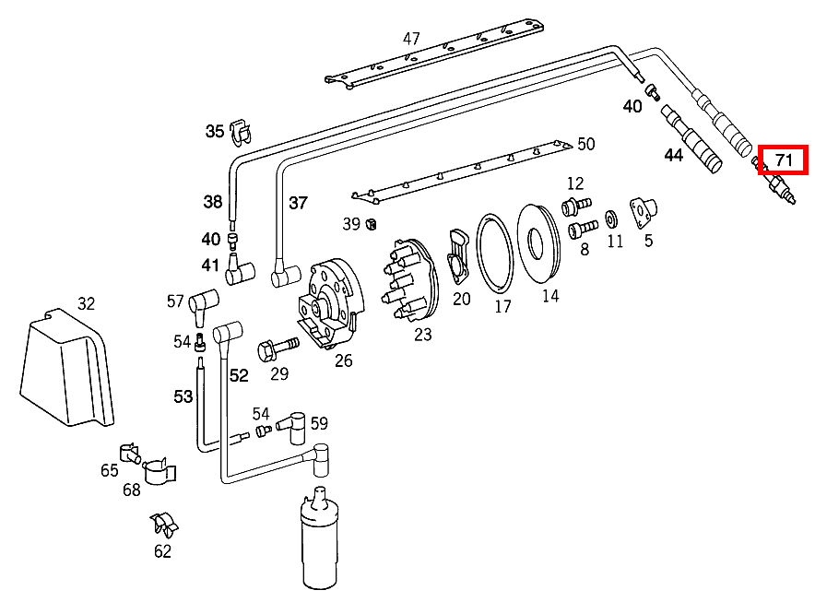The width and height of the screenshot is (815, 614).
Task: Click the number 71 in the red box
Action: point(784,160)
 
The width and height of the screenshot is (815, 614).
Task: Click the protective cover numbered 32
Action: point(65,369)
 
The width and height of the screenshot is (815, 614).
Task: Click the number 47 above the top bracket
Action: point(411,39)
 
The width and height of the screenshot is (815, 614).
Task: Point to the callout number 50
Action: point(585,144)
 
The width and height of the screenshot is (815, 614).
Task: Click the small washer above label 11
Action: point(611,221)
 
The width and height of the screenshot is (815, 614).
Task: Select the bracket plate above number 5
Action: point(643,209)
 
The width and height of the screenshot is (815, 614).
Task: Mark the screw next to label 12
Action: point(575,203)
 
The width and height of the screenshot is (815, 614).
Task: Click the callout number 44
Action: point(674,156)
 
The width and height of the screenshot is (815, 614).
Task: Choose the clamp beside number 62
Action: point(165,525)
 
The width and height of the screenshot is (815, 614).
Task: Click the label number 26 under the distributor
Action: point(343,360)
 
